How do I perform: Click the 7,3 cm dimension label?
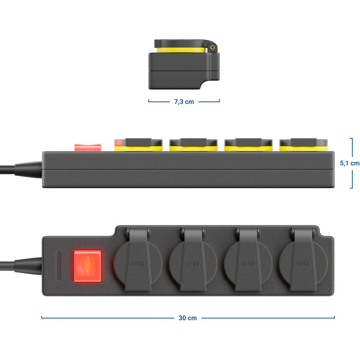[184, 101]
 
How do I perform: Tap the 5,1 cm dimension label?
[350, 163]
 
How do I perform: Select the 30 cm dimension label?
[188, 318]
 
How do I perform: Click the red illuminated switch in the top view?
[87, 265]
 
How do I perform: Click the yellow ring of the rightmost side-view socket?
[303, 148]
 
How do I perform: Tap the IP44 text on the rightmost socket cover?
[303, 263]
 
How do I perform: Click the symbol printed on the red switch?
[87, 265]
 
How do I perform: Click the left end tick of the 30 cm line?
[42, 318]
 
